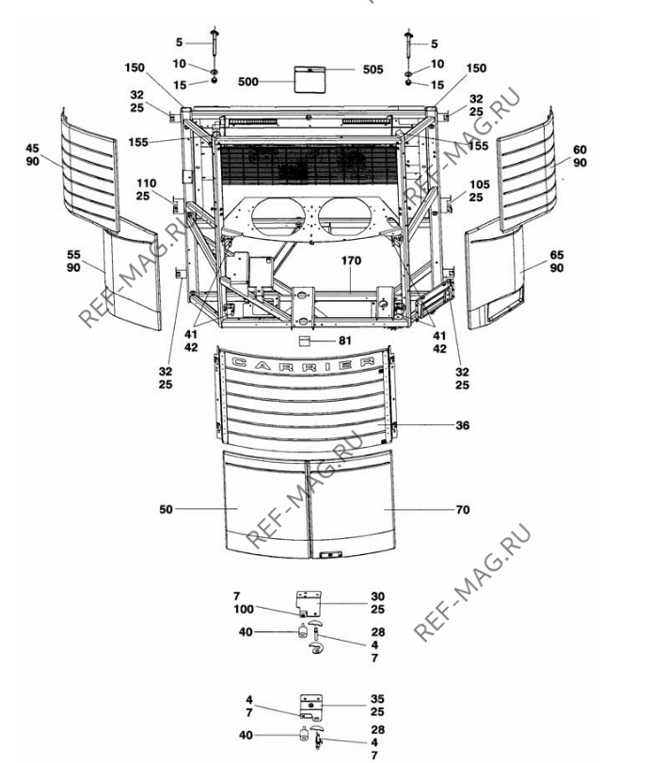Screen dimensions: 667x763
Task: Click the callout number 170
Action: coord(351,261)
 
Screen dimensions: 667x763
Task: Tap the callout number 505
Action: coord(373,70)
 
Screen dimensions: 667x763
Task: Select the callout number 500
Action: coord(248,82)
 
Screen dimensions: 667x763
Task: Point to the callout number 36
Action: coord(462,425)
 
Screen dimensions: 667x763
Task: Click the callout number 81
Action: coord(345,341)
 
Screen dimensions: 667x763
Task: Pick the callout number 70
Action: coord(463,510)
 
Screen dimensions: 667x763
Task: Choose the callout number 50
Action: coord(166,509)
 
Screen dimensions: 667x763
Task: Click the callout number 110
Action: coord(146,183)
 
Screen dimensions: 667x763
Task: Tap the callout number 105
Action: coord(479,184)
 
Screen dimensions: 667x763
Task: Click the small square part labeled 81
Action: coord(305,341)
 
